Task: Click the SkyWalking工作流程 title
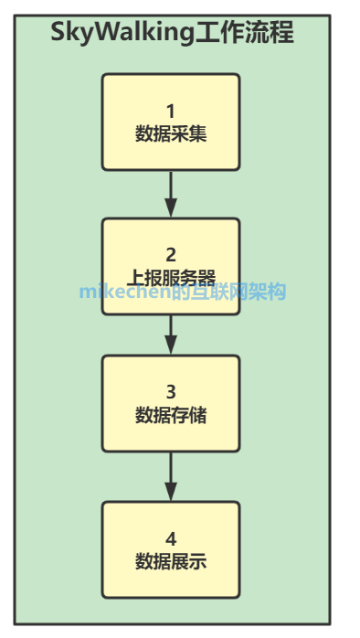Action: tap(172, 34)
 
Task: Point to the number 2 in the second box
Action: tap(171, 255)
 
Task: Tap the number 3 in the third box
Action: tap(171, 392)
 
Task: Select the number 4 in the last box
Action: tap(171, 538)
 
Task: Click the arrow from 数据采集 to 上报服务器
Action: tap(171, 194)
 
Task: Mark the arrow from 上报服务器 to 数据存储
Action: tap(171, 335)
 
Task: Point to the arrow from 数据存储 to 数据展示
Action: tap(171, 476)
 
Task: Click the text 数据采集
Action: tap(171, 134)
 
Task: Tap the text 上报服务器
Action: tap(171, 277)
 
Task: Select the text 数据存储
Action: tap(171, 415)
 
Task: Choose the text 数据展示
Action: tap(171, 560)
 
